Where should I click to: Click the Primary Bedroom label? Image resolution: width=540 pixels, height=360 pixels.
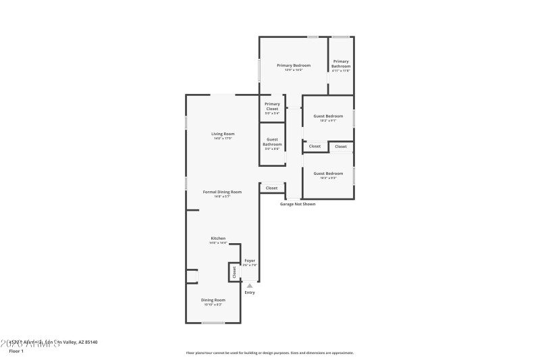pos(293,66)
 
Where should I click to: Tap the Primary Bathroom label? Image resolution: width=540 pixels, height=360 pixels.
pos(341,64)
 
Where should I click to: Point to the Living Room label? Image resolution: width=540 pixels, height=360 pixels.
pos(223,134)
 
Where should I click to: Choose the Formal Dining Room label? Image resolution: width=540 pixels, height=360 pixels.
pos(222,192)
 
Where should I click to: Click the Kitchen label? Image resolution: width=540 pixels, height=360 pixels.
pos(218,238)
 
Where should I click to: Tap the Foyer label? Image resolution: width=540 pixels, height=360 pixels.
pos(250,260)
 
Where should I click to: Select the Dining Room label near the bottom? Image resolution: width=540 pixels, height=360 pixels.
pos(213,300)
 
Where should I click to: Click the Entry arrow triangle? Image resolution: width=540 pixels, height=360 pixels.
pos(250,286)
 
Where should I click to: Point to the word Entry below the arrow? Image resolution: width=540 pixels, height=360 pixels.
pos(250,292)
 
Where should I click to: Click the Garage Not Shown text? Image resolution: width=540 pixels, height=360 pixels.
pos(298,204)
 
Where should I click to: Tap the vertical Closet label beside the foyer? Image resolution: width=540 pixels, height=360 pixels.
pos(234,272)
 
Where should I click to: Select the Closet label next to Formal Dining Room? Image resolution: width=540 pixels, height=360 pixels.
pos(271,188)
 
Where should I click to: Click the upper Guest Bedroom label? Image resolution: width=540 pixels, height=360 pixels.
pos(328,116)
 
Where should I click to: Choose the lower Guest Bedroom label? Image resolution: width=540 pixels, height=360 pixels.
pos(328,174)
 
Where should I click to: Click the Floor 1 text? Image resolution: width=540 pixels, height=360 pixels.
pos(16,351)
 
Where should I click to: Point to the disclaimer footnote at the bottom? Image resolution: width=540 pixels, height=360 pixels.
pos(269,353)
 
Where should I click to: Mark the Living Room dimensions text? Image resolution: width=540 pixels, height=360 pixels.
pos(223,138)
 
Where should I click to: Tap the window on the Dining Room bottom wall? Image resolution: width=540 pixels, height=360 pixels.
pos(213,323)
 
